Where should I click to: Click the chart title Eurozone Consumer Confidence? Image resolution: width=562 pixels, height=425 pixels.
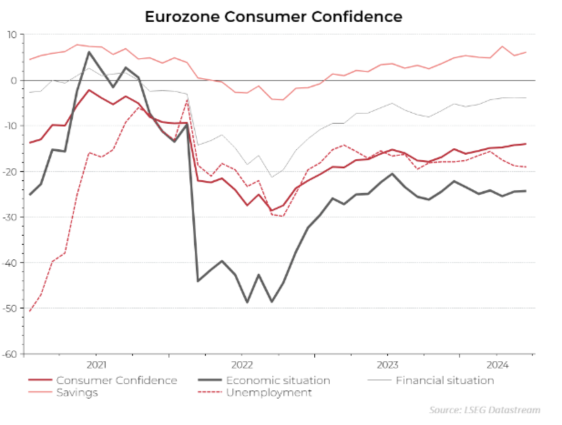click(x=273, y=17)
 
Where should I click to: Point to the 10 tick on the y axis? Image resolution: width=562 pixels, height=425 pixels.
click(x=12, y=35)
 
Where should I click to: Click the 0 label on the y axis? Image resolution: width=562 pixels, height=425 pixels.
click(x=14, y=81)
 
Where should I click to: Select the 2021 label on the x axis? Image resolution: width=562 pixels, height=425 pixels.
click(x=96, y=365)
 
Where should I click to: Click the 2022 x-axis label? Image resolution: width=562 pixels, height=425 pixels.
click(x=242, y=365)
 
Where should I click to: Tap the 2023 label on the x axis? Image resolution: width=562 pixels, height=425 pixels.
click(x=388, y=365)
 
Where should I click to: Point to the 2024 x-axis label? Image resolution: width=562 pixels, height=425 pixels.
click(x=497, y=365)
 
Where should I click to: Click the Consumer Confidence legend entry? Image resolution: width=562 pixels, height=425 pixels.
click(x=117, y=380)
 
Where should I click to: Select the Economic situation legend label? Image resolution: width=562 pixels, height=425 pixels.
click(x=278, y=380)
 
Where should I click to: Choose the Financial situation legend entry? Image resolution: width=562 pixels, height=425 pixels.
click(x=444, y=380)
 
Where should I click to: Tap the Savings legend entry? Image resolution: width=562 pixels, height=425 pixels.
click(x=77, y=392)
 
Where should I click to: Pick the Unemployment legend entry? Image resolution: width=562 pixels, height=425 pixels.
click(x=269, y=392)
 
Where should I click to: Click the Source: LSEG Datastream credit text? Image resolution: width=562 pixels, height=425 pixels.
click(x=485, y=410)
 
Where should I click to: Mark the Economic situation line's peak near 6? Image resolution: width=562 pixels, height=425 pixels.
click(x=89, y=52)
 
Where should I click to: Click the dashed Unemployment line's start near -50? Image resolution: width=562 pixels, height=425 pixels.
click(x=30, y=311)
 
